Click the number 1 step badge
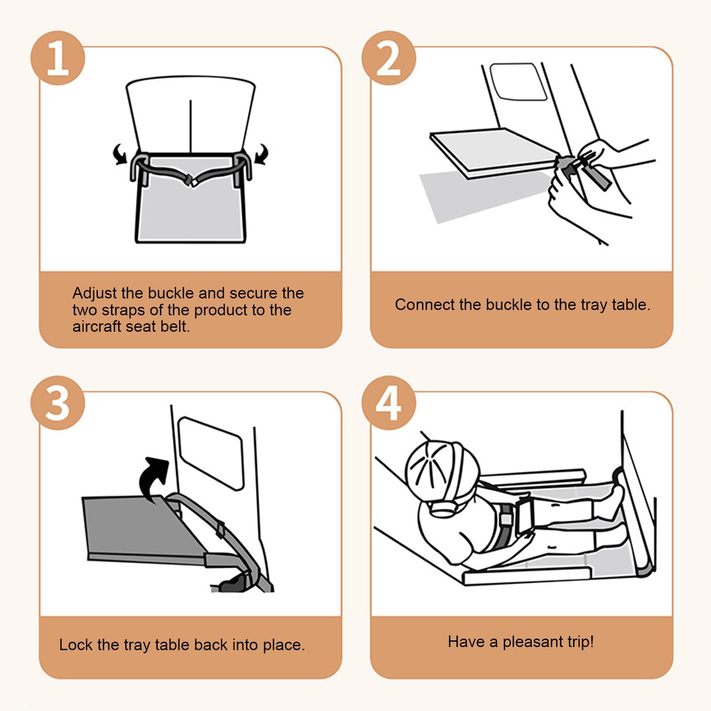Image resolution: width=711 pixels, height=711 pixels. [58, 58]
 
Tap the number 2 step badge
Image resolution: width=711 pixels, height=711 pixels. [389, 58]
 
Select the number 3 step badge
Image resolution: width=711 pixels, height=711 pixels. [58, 403]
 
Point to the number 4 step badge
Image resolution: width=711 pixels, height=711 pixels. [389, 403]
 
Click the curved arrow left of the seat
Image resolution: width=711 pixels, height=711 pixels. [120, 154]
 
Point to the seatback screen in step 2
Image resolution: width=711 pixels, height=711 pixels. [518, 82]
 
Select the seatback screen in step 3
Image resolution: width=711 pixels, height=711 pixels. [211, 453]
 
